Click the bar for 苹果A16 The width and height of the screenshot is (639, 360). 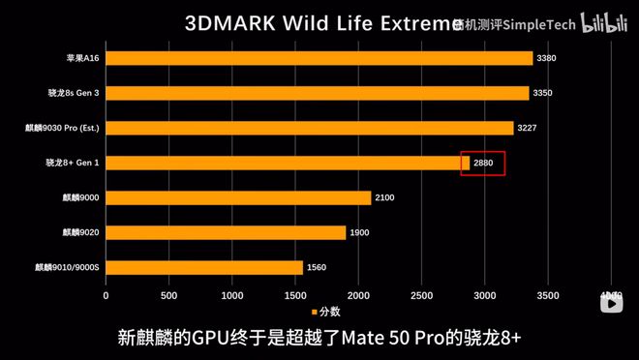point(319,58)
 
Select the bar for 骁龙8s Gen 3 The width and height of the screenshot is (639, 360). point(318,93)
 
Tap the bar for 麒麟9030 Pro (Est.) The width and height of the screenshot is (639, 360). point(310,128)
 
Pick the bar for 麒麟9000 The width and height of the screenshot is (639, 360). point(238,197)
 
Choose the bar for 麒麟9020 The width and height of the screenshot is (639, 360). point(226,232)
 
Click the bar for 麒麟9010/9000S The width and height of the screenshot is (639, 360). point(204,267)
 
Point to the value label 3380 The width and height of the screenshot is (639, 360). point(547,58)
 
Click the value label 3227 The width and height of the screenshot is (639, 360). point(528,128)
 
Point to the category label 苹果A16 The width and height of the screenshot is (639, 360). point(81,58)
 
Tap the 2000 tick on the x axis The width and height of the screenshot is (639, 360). point(358,294)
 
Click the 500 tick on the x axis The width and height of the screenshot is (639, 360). point(169,294)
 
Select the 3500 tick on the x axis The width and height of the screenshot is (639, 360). point(548,294)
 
